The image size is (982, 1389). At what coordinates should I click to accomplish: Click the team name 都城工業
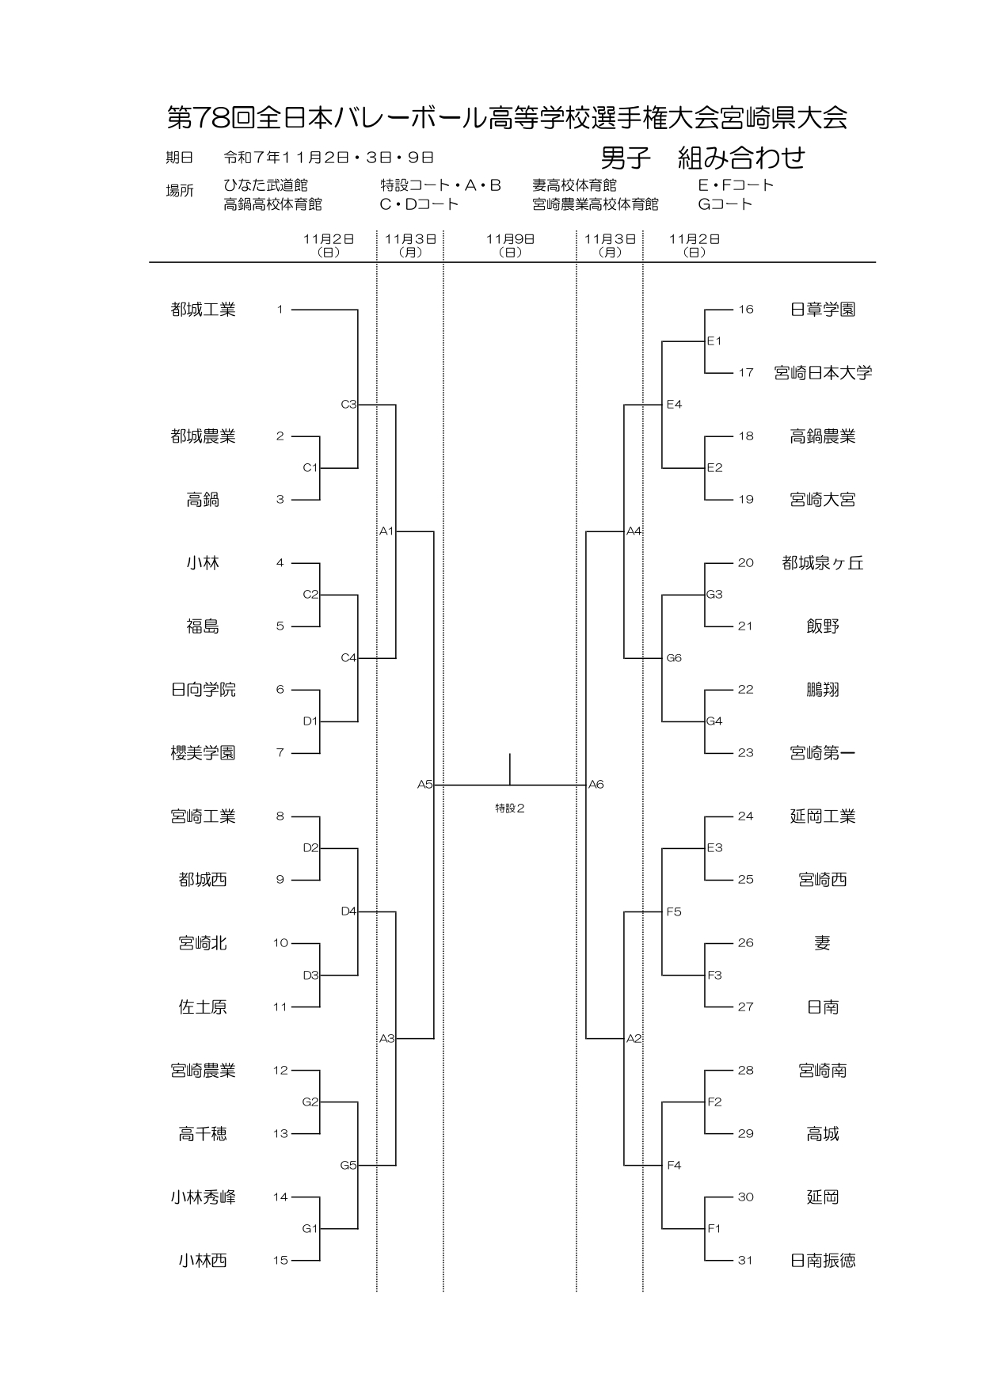[x=203, y=310]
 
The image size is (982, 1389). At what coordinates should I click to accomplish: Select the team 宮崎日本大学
[x=823, y=373]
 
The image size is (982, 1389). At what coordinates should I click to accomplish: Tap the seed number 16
[x=745, y=310]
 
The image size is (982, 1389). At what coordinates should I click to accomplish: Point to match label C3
[x=348, y=405]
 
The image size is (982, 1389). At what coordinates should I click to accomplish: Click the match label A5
[x=424, y=785]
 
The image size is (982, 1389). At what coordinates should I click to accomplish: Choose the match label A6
[x=596, y=785]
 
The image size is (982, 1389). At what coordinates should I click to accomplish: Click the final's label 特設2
[x=510, y=809]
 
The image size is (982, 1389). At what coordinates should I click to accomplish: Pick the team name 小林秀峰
[x=203, y=1197]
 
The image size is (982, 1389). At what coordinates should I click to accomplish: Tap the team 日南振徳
[x=823, y=1261]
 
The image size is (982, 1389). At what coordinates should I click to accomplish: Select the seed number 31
[x=745, y=1261]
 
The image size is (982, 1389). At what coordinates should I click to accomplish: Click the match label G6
[x=674, y=658]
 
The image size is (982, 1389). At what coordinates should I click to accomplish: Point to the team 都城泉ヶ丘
[x=823, y=563]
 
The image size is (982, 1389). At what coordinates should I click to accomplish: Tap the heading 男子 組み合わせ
[x=702, y=158]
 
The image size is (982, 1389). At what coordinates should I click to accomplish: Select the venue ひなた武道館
[x=265, y=185]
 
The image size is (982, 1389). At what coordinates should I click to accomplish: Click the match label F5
[x=674, y=912]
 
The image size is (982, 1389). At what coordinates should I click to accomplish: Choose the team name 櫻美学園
[x=203, y=753]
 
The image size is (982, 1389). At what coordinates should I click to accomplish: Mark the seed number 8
[x=280, y=816]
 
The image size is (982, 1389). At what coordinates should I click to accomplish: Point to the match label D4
[x=348, y=911]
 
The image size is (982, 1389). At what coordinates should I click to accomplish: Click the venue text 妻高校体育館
[x=574, y=185]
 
